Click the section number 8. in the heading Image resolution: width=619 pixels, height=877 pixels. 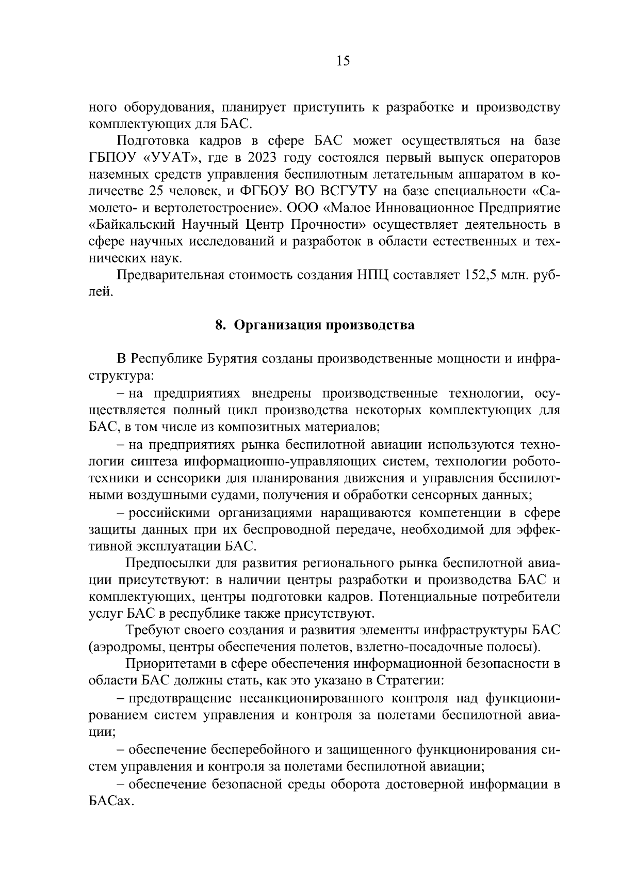pyautogui.click(x=220, y=325)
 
